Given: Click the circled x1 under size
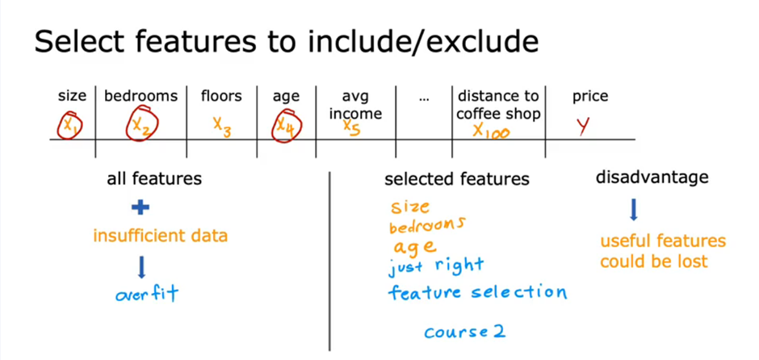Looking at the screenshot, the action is pyautogui.click(x=69, y=126).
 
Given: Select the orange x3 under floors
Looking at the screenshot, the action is pyautogui.click(x=222, y=126).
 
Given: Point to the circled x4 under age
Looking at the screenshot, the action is pyautogui.click(x=286, y=127).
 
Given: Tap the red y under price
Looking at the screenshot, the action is pyautogui.click(x=582, y=127).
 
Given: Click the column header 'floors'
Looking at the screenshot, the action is pyautogui.click(x=221, y=96).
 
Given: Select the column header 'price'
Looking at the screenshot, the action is pyautogui.click(x=590, y=96).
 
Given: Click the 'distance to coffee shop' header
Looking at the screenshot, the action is pyautogui.click(x=497, y=105).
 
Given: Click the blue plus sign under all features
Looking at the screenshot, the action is pyautogui.click(x=140, y=207).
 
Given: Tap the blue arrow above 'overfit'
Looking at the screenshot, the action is pyautogui.click(x=141, y=267).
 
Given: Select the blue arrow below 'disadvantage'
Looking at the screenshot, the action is pyautogui.click(x=633, y=211).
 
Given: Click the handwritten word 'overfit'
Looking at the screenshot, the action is pyautogui.click(x=145, y=293).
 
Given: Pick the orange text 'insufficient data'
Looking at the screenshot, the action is pyautogui.click(x=160, y=236).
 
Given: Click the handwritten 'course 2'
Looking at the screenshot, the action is pyautogui.click(x=468, y=332).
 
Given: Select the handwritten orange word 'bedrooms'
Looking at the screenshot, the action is pyautogui.click(x=427, y=227).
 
